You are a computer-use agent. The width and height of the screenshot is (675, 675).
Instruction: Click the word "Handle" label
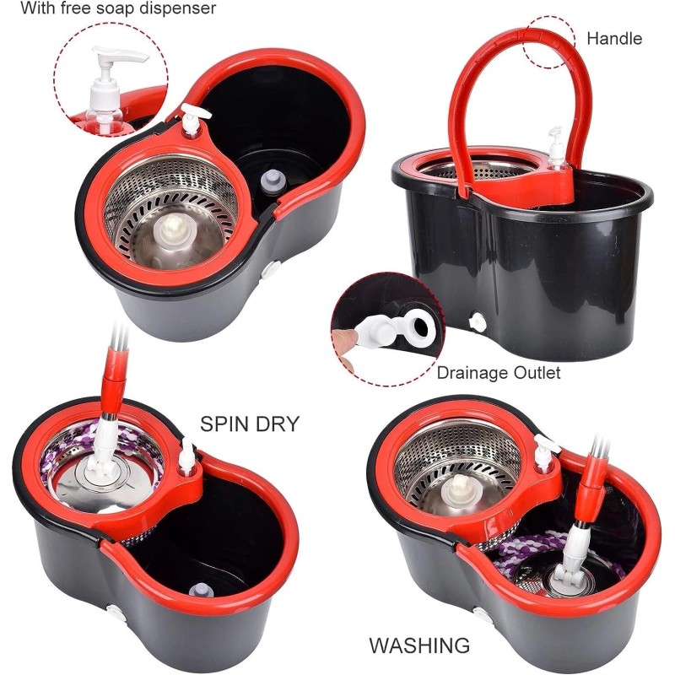[x=614, y=38]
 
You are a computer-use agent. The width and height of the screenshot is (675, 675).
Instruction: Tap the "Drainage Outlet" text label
[x=498, y=372]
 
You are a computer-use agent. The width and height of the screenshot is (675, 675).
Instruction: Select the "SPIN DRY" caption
[x=250, y=424]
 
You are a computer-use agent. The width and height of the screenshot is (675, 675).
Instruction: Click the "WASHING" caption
[x=419, y=646]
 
